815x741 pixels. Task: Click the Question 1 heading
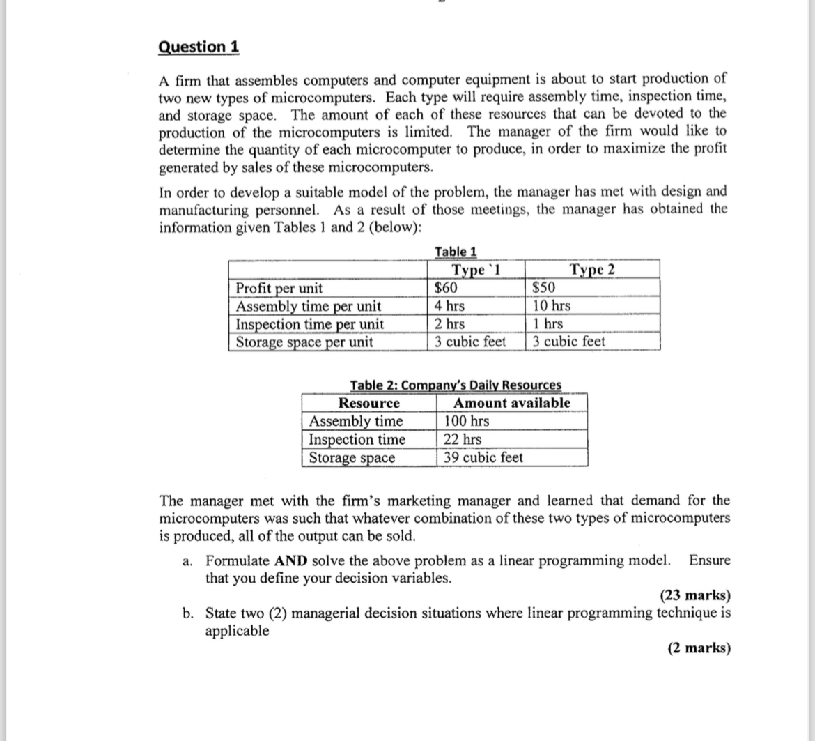(x=199, y=47)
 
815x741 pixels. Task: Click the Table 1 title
(x=456, y=252)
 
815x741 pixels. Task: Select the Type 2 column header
(x=592, y=270)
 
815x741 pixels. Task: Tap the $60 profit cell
(x=446, y=288)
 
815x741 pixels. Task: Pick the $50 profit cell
(x=544, y=288)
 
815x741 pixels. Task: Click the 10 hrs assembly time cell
(x=551, y=306)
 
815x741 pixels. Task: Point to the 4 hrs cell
(x=449, y=306)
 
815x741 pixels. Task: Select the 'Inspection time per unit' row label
(x=309, y=324)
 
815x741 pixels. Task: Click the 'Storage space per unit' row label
(x=304, y=342)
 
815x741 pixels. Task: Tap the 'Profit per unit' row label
(x=279, y=288)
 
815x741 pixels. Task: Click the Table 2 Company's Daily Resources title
(x=456, y=385)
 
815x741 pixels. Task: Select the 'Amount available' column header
(x=511, y=403)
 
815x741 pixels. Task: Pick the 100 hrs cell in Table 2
(x=467, y=421)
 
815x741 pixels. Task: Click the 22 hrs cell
(x=463, y=439)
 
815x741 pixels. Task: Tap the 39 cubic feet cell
(x=483, y=457)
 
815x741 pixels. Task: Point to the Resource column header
(x=368, y=404)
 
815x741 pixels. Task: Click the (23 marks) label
(x=694, y=595)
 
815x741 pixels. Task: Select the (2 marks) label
(x=699, y=648)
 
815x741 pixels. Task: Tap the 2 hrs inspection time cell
(x=449, y=324)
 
